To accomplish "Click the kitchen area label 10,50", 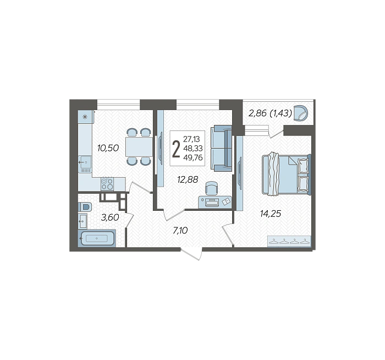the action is pos(108,148).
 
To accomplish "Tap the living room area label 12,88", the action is pos(188,179).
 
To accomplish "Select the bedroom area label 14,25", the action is pos(271,214).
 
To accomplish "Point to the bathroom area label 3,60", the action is pos(110,217).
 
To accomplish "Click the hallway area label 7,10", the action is pos(180,231).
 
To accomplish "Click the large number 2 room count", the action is pos(176,149).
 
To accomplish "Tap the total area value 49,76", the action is pos(193,157).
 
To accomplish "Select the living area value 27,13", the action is pos(192,139).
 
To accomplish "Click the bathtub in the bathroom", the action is pos(97,238).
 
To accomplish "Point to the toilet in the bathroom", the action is pos(85,206).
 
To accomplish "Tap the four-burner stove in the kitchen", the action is pos(107,184).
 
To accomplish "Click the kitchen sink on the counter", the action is pos(85,162).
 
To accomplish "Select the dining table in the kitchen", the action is pos(139,147).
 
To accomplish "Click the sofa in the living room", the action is pos(221,148).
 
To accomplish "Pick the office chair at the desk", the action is pos(211,188).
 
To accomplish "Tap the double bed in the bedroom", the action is pos(287,174).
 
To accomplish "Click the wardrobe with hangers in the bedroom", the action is pos(289,241).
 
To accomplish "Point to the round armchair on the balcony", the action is pos(301,113).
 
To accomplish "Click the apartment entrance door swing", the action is pos(192,254).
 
